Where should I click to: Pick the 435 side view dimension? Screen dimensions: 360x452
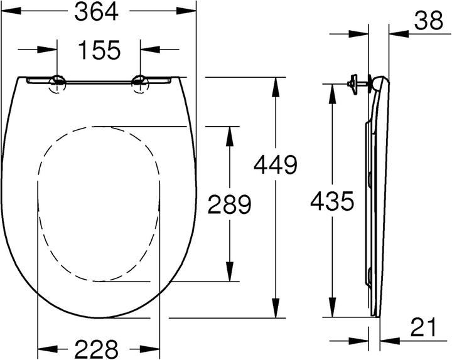click(331, 201)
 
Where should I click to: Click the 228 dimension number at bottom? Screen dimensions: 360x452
click(98, 346)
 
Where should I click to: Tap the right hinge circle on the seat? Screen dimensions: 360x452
click(139, 82)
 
